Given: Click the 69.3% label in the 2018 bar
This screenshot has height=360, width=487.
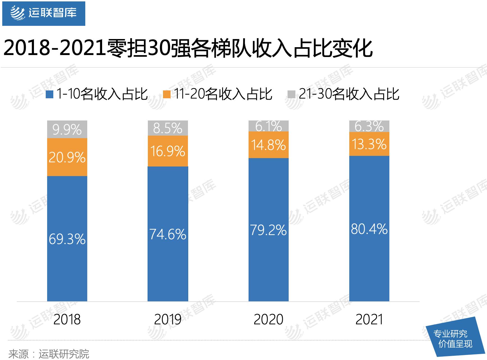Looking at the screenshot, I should point(67,239).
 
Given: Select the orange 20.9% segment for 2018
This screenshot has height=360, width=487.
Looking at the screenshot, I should point(67,157).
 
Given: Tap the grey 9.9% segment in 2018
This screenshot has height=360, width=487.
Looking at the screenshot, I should point(67,129).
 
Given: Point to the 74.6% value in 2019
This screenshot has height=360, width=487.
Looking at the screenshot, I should point(168,234).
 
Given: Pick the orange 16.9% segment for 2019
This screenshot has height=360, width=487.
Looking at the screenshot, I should point(168,151).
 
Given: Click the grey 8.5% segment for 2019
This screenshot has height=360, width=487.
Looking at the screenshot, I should point(168,128).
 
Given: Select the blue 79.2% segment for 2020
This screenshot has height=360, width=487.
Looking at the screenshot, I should point(268,230).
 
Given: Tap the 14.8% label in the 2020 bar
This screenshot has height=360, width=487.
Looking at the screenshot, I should point(268,145).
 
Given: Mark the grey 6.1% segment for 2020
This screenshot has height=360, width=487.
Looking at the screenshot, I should point(268,126).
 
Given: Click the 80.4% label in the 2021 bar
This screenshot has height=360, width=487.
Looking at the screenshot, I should point(369,229).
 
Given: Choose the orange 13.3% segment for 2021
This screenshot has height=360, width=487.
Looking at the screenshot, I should point(369,144).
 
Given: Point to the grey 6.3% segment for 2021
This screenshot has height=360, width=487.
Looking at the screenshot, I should point(369,126).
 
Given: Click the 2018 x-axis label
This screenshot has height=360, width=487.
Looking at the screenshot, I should point(67,320).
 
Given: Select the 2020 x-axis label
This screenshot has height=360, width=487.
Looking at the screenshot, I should point(268,320).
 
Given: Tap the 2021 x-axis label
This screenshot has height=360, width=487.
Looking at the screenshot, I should point(369,320).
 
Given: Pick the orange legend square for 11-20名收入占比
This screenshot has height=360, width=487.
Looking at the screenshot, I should point(167,94).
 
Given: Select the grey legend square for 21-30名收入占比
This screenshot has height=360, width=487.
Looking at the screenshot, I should point(292,94).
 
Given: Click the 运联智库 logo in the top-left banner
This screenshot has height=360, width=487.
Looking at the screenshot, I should point(43,13).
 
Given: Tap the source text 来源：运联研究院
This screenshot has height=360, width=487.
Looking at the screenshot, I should point(49,354).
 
